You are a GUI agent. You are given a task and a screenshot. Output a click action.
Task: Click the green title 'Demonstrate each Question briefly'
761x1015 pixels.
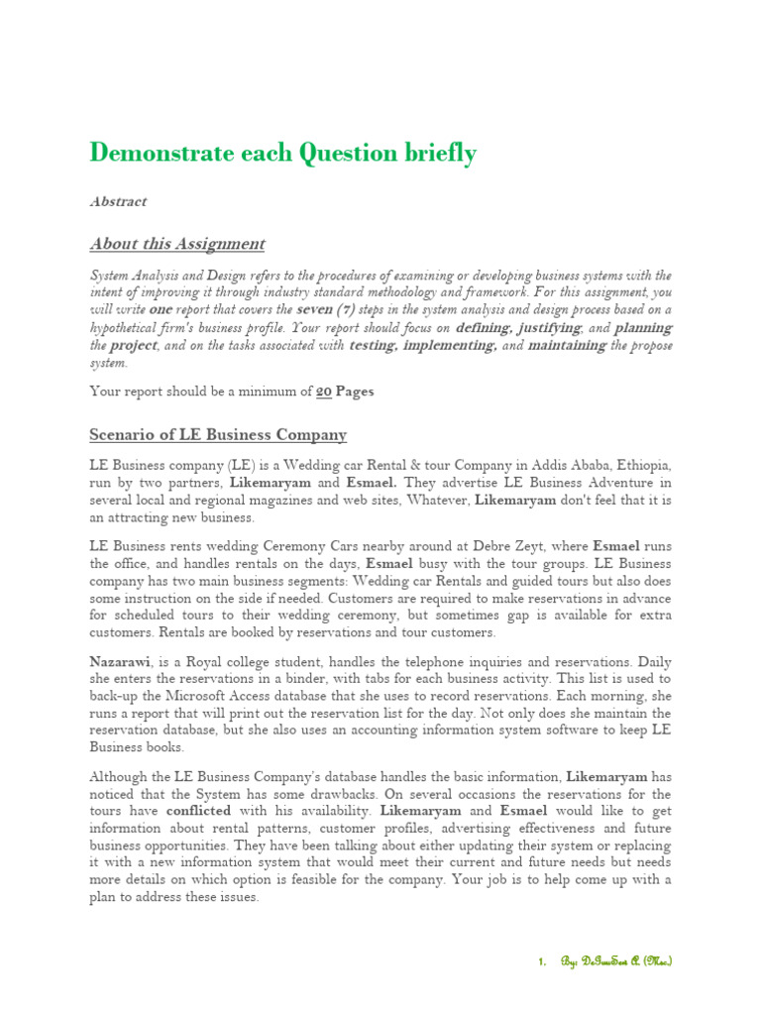(282, 154)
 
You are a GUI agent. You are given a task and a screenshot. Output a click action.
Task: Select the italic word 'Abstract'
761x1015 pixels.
(118, 201)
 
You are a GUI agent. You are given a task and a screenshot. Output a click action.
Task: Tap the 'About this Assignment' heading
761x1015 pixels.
(177, 244)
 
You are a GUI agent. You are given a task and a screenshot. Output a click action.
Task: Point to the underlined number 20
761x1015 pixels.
(323, 392)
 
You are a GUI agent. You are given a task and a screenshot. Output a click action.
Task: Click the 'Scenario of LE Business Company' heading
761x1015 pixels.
(218, 435)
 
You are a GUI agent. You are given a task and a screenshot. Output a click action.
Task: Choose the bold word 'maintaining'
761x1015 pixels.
(567, 345)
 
